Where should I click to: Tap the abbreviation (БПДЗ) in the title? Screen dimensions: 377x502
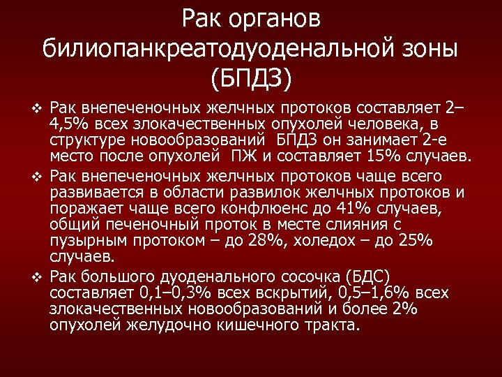pyautogui.click(x=251, y=78)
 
